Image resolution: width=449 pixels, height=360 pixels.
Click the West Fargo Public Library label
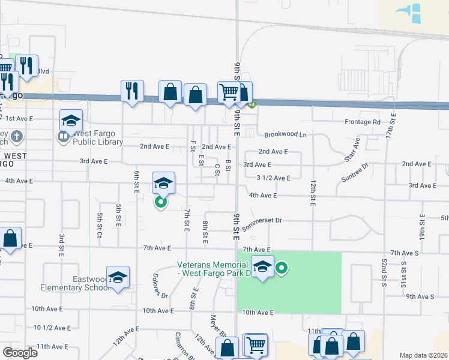point(98,138)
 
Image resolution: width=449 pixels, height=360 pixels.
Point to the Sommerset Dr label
point(262,220)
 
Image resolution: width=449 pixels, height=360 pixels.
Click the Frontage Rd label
point(363,122)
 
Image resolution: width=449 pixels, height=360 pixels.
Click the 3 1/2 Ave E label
point(273,178)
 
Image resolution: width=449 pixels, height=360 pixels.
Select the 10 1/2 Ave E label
point(52,328)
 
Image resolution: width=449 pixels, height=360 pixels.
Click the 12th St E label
point(313,193)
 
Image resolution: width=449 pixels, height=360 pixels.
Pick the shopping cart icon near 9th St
point(228,92)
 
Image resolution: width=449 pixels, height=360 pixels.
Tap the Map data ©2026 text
point(423,355)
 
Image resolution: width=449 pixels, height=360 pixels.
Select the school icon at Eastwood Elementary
point(118,277)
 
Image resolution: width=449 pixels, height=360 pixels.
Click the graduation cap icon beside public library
point(71,120)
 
